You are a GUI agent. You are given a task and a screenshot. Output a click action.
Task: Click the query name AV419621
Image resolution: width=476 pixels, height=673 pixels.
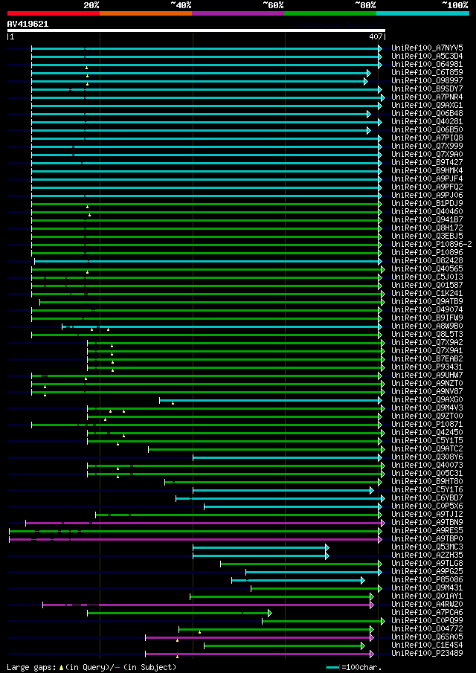(x=28, y=24)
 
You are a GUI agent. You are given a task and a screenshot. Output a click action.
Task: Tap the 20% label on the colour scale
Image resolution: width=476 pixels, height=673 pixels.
(x=91, y=4)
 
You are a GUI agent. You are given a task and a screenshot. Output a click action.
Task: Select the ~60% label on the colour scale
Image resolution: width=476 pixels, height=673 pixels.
(x=273, y=4)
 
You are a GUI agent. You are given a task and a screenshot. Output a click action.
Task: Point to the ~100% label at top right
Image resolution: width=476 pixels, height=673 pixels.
(x=454, y=4)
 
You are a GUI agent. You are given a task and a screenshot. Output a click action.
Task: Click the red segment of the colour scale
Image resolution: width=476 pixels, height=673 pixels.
(x=53, y=13)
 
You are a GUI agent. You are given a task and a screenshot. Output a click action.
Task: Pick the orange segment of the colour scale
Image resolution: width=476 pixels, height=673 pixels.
(x=145, y=13)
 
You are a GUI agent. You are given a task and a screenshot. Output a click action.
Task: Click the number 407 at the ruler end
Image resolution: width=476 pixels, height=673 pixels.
(x=376, y=36)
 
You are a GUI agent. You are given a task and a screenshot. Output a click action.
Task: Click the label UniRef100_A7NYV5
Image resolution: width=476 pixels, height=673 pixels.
(x=427, y=48)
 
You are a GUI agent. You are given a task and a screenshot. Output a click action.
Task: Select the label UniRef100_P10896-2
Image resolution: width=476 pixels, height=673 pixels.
(x=431, y=245)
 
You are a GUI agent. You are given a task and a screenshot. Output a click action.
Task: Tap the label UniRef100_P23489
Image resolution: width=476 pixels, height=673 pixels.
(x=427, y=654)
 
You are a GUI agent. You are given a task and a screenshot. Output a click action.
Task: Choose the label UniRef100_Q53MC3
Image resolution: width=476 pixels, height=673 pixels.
(x=427, y=547)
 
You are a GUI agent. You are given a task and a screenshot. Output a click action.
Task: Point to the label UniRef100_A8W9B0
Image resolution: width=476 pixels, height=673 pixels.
(x=427, y=326)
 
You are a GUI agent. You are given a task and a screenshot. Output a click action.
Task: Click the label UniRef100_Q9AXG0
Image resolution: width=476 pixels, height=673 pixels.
(x=427, y=400)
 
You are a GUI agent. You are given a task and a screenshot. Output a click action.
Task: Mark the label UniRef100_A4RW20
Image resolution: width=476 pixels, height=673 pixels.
(x=427, y=605)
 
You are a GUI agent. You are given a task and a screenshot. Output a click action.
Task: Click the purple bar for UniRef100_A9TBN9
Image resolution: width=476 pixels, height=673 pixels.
(x=223, y=523)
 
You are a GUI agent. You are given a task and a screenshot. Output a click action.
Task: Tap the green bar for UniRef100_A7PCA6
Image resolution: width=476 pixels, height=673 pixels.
(x=178, y=613)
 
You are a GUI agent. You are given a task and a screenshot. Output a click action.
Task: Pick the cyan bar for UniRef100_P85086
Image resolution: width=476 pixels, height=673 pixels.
(x=297, y=580)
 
